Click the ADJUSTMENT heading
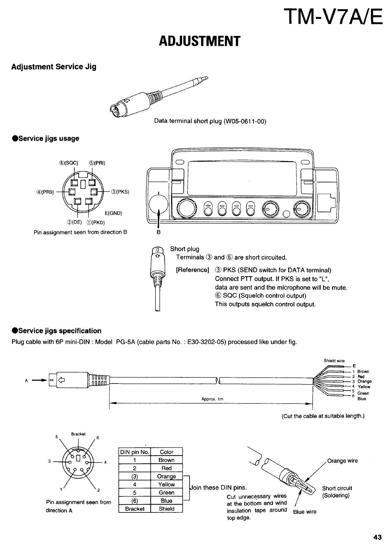(199, 41)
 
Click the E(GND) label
(114, 213)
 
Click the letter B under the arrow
(158, 233)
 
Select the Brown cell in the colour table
(166, 460)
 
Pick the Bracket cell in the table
(135, 509)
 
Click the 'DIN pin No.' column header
(134, 452)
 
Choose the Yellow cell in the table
(166, 484)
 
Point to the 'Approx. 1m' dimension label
(212, 399)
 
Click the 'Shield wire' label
(334, 361)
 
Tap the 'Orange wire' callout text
(342, 461)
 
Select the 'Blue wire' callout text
(305, 512)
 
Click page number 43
(378, 537)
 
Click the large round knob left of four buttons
(186, 208)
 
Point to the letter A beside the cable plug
(26, 381)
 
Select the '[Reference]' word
(193, 270)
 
